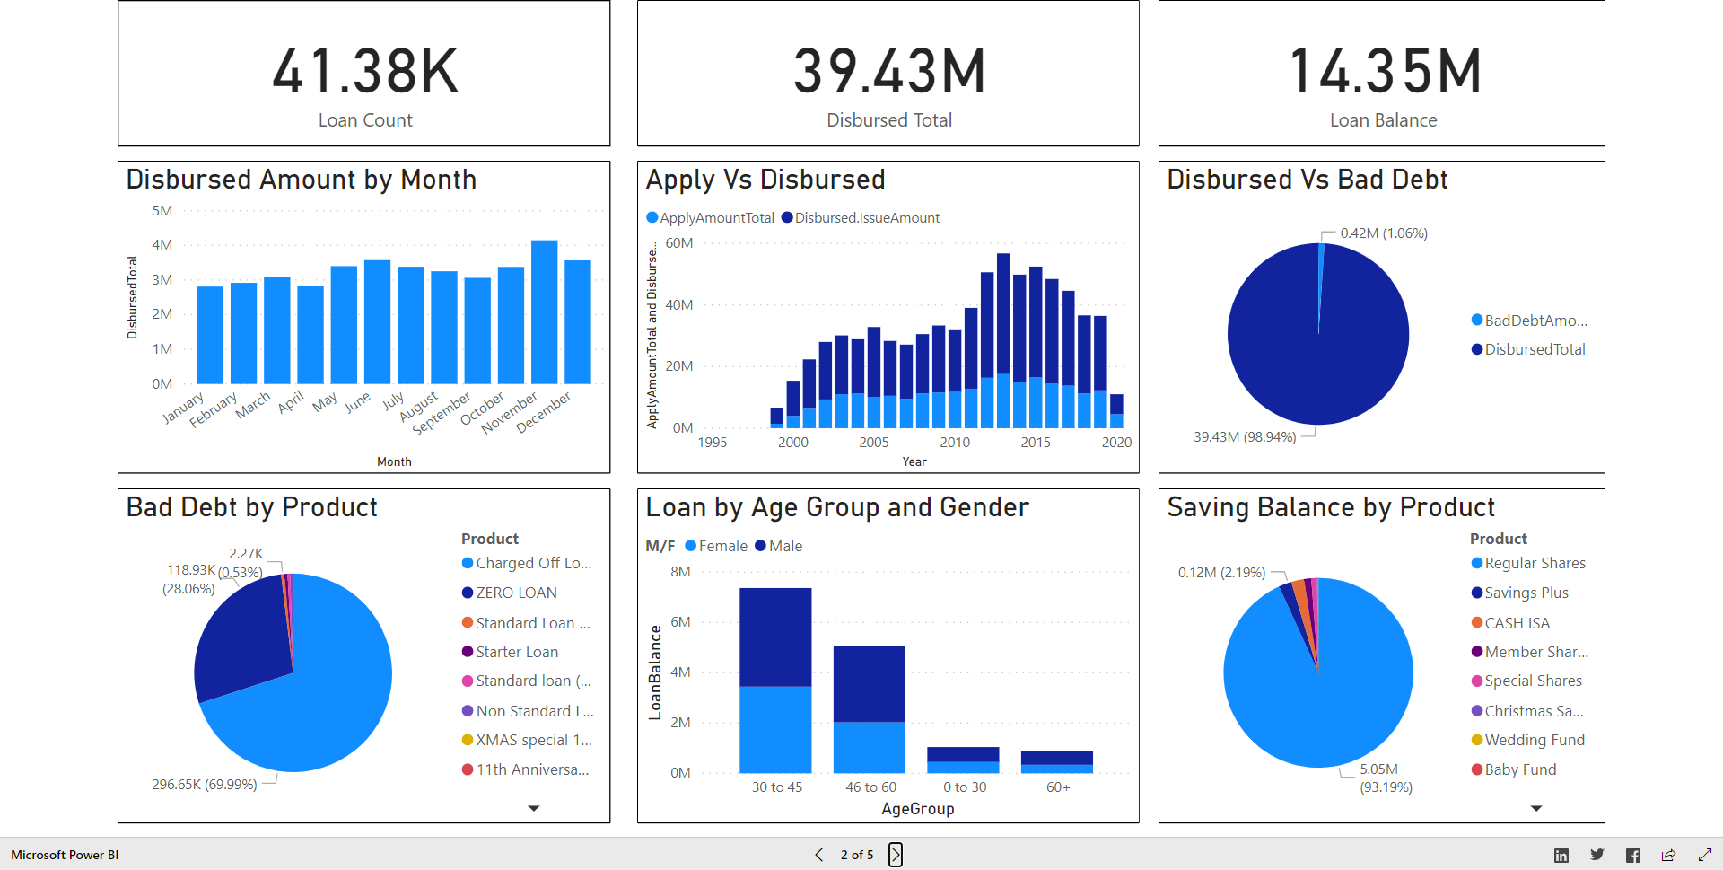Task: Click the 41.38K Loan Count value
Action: point(365,72)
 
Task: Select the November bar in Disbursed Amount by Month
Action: point(545,312)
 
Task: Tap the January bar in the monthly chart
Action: point(210,335)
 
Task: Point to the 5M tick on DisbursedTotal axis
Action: point(162,211)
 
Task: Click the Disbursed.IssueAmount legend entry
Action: point(861,218)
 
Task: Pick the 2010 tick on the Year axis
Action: point(955,443)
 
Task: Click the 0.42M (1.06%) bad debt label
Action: point(1384,233)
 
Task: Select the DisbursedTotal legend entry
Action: point(1528,349)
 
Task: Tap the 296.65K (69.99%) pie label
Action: point(205,785)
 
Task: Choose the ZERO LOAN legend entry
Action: point(510,593)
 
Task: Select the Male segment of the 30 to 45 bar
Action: point(775,637)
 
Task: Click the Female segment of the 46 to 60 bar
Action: point(870,748)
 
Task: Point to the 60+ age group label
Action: point(1058,787)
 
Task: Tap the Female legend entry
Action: point(716,546)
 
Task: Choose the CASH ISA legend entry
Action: point(1511,623)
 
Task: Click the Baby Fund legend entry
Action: point(1514,769)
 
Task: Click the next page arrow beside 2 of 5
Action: point(896,855)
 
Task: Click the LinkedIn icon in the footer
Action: point(1561,856)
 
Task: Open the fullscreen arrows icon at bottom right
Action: point(1705,856)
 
